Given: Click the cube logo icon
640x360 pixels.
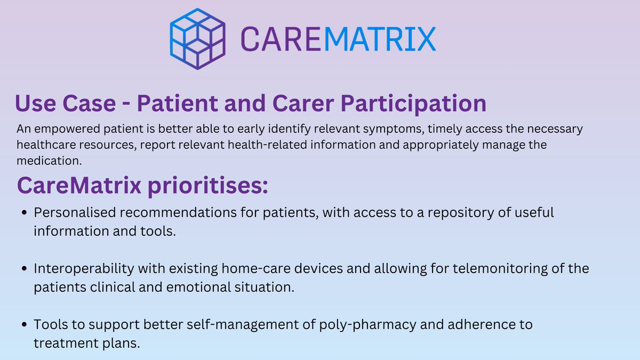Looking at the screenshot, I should (197, 38).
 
